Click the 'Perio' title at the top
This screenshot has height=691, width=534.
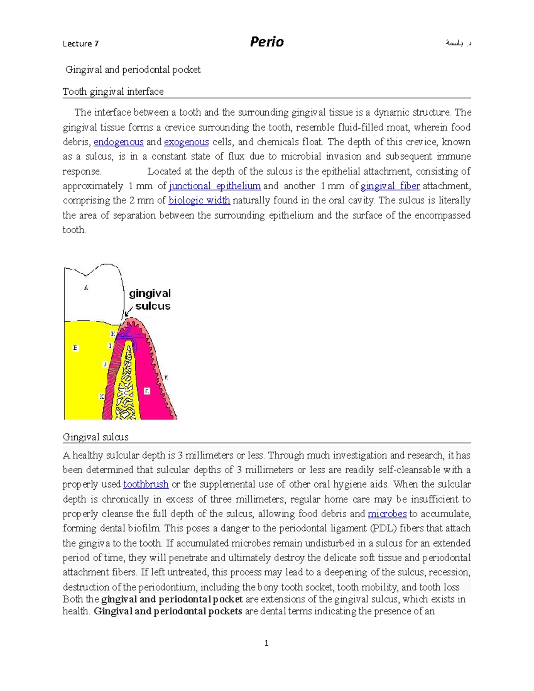coord(267,42)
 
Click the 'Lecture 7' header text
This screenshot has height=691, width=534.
coord(81,44)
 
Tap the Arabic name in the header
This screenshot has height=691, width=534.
coord(458,43)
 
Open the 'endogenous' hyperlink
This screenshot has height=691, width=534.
coord(118,142)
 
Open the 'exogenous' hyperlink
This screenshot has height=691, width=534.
coord(186,142)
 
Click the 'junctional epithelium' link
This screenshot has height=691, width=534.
coord(215,186)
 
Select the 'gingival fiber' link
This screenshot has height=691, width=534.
coord(390,186)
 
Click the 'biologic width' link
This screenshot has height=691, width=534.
coord(199,200)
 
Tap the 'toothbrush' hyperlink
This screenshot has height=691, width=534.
coord(146,484)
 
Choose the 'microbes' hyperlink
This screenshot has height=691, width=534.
coord(387,514)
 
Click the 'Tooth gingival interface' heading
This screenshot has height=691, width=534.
coord(113,92)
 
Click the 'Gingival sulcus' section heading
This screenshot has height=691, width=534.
coord(96,437)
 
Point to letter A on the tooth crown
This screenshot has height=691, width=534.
coord(86,288)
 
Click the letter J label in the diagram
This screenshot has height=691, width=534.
coord(105,364)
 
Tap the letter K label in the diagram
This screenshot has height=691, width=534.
coord(102,396)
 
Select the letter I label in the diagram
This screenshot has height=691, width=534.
coord(110,346)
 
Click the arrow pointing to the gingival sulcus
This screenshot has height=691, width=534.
coord(129,311)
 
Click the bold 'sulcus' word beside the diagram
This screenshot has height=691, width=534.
coord(153,306)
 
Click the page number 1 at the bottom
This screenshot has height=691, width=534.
coord(266,643)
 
